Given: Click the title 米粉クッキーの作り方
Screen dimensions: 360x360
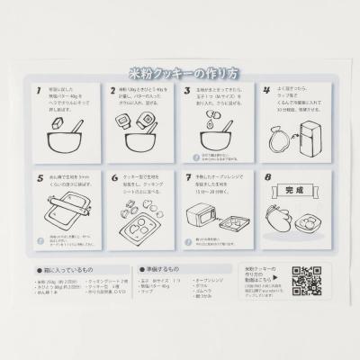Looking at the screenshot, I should [x=180, y=74].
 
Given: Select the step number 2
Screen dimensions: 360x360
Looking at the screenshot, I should [x=112, y=92].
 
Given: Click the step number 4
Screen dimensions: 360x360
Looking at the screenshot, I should [x=265, y=92].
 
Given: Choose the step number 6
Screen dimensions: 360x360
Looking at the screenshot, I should [x=112, y=178].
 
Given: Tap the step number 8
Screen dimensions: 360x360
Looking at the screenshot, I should [x=265, y=178].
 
